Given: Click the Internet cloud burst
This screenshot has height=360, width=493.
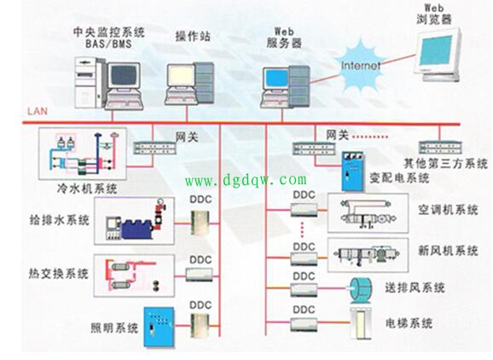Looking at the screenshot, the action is pos(360,67).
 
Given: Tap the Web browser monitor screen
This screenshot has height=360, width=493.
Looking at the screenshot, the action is pos(436,50).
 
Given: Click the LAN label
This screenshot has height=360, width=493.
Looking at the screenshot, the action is pos(38,111).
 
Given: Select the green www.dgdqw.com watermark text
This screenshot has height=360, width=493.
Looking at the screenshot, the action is pos(246,180).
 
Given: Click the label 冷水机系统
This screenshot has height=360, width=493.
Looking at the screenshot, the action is pos(87,188).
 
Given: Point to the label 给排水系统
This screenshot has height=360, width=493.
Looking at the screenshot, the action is pos(60,220).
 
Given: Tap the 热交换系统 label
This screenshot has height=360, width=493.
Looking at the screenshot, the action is pos(59,273).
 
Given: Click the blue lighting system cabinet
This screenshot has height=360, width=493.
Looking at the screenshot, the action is pos(159,327).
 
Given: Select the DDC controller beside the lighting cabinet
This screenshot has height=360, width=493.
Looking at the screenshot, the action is pos(200,326).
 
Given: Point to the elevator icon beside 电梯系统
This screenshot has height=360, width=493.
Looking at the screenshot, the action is pos(362,323).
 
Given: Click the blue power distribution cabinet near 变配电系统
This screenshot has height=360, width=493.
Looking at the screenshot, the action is pos(353,171).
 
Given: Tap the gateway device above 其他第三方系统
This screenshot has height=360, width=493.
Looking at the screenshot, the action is pos(440,148).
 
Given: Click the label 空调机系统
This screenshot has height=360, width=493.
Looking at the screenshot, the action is pos(448,210).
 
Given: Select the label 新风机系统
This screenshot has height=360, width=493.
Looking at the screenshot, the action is pos(448,251).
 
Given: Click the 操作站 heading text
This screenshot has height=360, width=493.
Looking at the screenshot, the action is pos(193,36).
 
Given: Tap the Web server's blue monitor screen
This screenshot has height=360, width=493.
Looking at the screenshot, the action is pos(277,79).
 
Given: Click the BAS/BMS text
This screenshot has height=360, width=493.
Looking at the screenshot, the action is pos(109,44).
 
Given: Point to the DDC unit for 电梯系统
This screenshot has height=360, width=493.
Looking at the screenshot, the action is pos(304,324).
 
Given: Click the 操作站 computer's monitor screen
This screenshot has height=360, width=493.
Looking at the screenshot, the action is pos(181,75).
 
